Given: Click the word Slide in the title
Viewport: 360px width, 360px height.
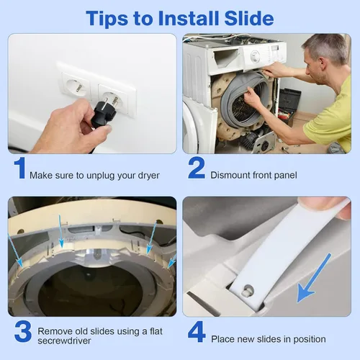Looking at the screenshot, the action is [x=249, y=18].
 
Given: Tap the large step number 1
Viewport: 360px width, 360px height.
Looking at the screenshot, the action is [x=20, y=168].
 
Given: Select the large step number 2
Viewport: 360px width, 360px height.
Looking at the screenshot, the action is [x=197, y=168].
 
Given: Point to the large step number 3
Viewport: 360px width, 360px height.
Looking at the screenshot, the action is [x=23, y=331].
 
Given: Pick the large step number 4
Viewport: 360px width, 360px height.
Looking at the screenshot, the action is [x=197, y=331].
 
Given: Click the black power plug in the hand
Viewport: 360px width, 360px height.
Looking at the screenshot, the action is [x=103, y=113].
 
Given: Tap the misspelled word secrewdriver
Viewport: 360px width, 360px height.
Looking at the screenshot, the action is [x=64, y=341].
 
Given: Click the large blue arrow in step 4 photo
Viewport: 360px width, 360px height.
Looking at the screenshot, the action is [x=314, y=278].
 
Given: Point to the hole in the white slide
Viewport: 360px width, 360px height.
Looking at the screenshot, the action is [x=248, y=290].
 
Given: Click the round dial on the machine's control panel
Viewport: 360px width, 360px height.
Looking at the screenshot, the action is [x=256, y=56].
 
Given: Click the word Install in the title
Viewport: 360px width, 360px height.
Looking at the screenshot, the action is [x=189, y=18].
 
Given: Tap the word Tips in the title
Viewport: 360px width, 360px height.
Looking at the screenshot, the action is [x=107, y=19].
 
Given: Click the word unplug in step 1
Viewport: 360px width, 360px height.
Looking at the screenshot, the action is [x=101, y=176].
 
